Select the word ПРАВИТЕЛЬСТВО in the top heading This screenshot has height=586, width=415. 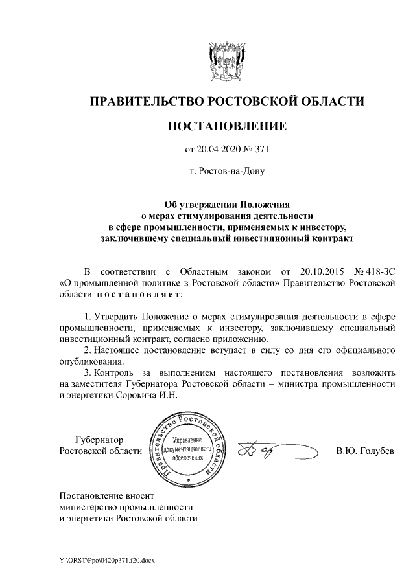(146, 101)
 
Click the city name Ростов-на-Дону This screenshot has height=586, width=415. (227, 172)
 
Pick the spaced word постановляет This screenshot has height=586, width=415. (126, 295)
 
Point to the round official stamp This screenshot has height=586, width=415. (187, 451)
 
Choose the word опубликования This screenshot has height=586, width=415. (87, 361)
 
